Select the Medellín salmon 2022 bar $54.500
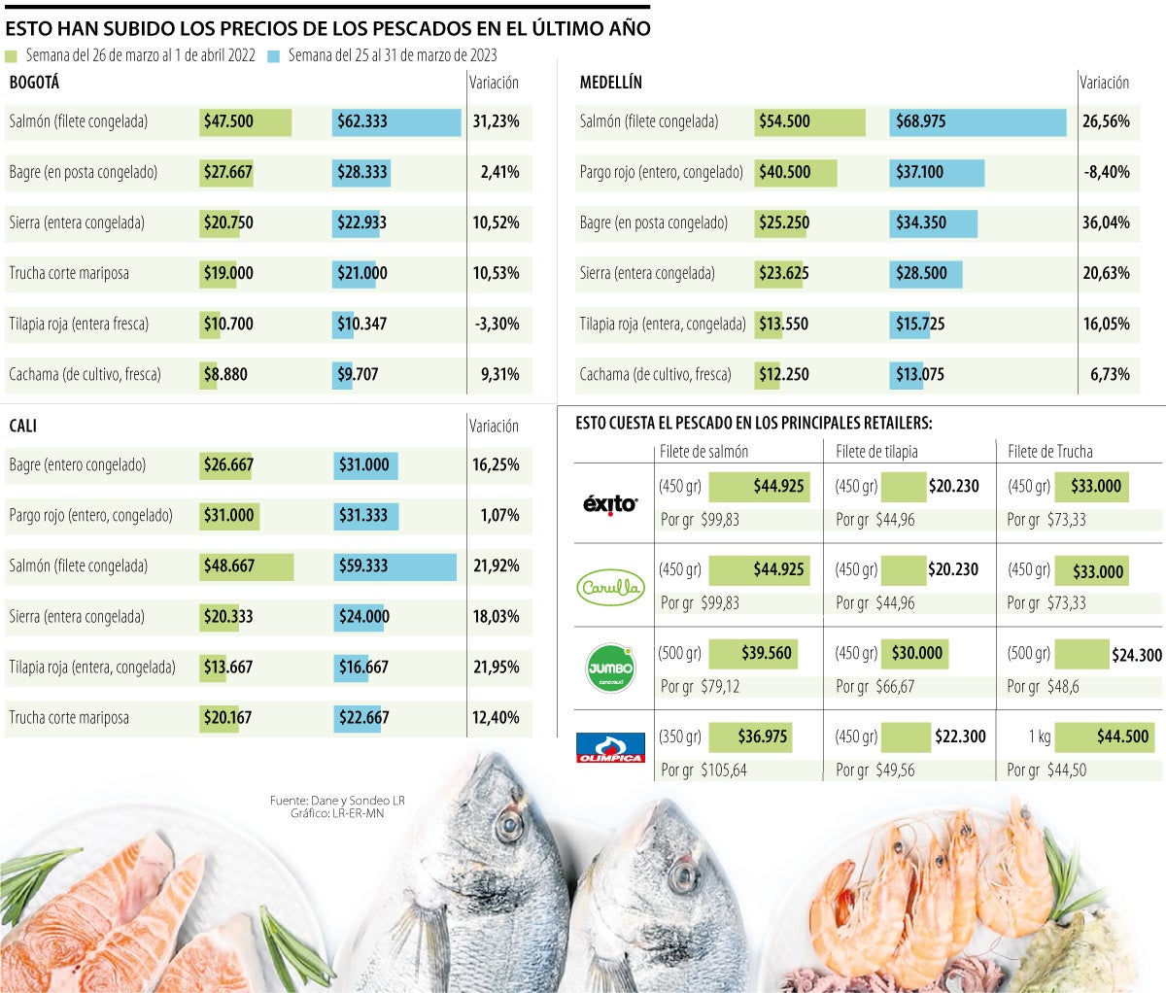click(810, 121)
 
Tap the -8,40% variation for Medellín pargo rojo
click(1106, 172)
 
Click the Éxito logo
click(609, 503)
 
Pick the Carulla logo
click(610, 587)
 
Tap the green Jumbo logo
click(610, 668)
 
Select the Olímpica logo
click(610, 747)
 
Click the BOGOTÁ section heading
click(34, 83)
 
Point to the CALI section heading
click(23, 426)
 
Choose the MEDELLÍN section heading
click(611, 83)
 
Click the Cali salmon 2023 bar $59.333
click(394, 565)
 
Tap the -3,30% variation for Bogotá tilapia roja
click(497, 324)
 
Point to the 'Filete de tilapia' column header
click(876, 451)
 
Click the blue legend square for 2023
click(273, 56)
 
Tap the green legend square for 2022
click(12, 56)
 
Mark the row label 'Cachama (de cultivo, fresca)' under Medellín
click(655, 374)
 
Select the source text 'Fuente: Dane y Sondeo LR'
click(337, 801)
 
